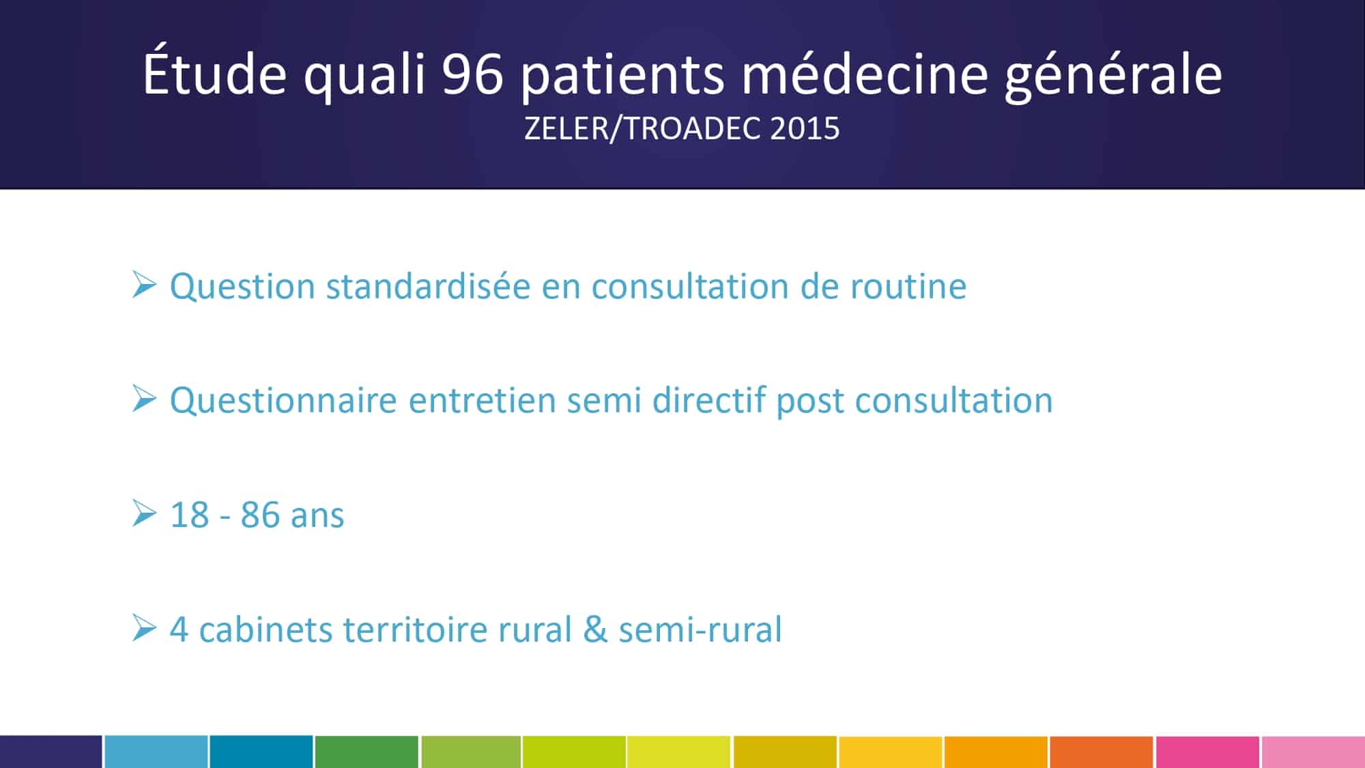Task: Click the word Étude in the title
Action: [215, 70]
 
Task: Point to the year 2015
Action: [805, 128]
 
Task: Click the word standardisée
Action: [428, 286]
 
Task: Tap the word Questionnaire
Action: [283, 401]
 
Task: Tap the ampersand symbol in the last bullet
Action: [595, 629]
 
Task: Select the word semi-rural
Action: [700, 629]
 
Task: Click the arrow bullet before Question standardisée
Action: [144, 285]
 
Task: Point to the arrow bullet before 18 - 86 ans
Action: [144, 513]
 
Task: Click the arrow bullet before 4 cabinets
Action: [144, 628]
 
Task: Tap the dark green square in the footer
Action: [367, 752]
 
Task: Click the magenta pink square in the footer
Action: [1207, 752]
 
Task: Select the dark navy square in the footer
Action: [51, 752]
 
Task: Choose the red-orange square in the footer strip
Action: [1102, 752]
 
